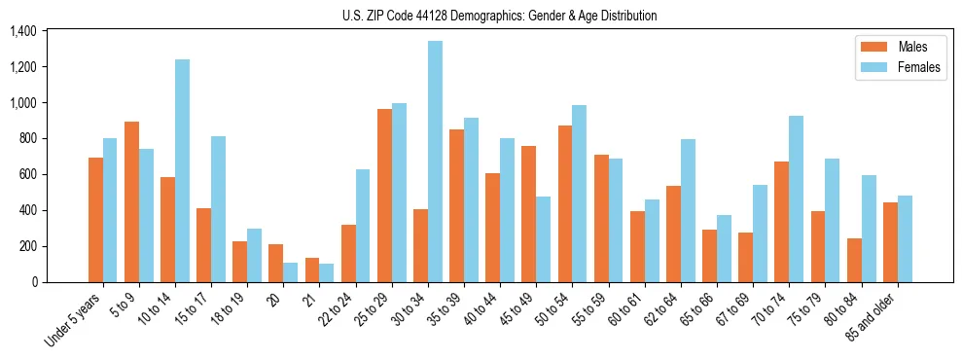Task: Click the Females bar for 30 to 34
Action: pos(435,162)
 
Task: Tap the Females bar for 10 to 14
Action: pos(182,170)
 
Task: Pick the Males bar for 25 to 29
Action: pos(384,196)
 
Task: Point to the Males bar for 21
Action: pos(312,270)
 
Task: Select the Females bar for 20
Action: pos(290,272)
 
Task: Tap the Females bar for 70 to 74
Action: pos(796,199)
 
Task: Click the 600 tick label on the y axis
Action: pos(26,175)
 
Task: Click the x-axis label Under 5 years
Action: pos(74,318)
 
